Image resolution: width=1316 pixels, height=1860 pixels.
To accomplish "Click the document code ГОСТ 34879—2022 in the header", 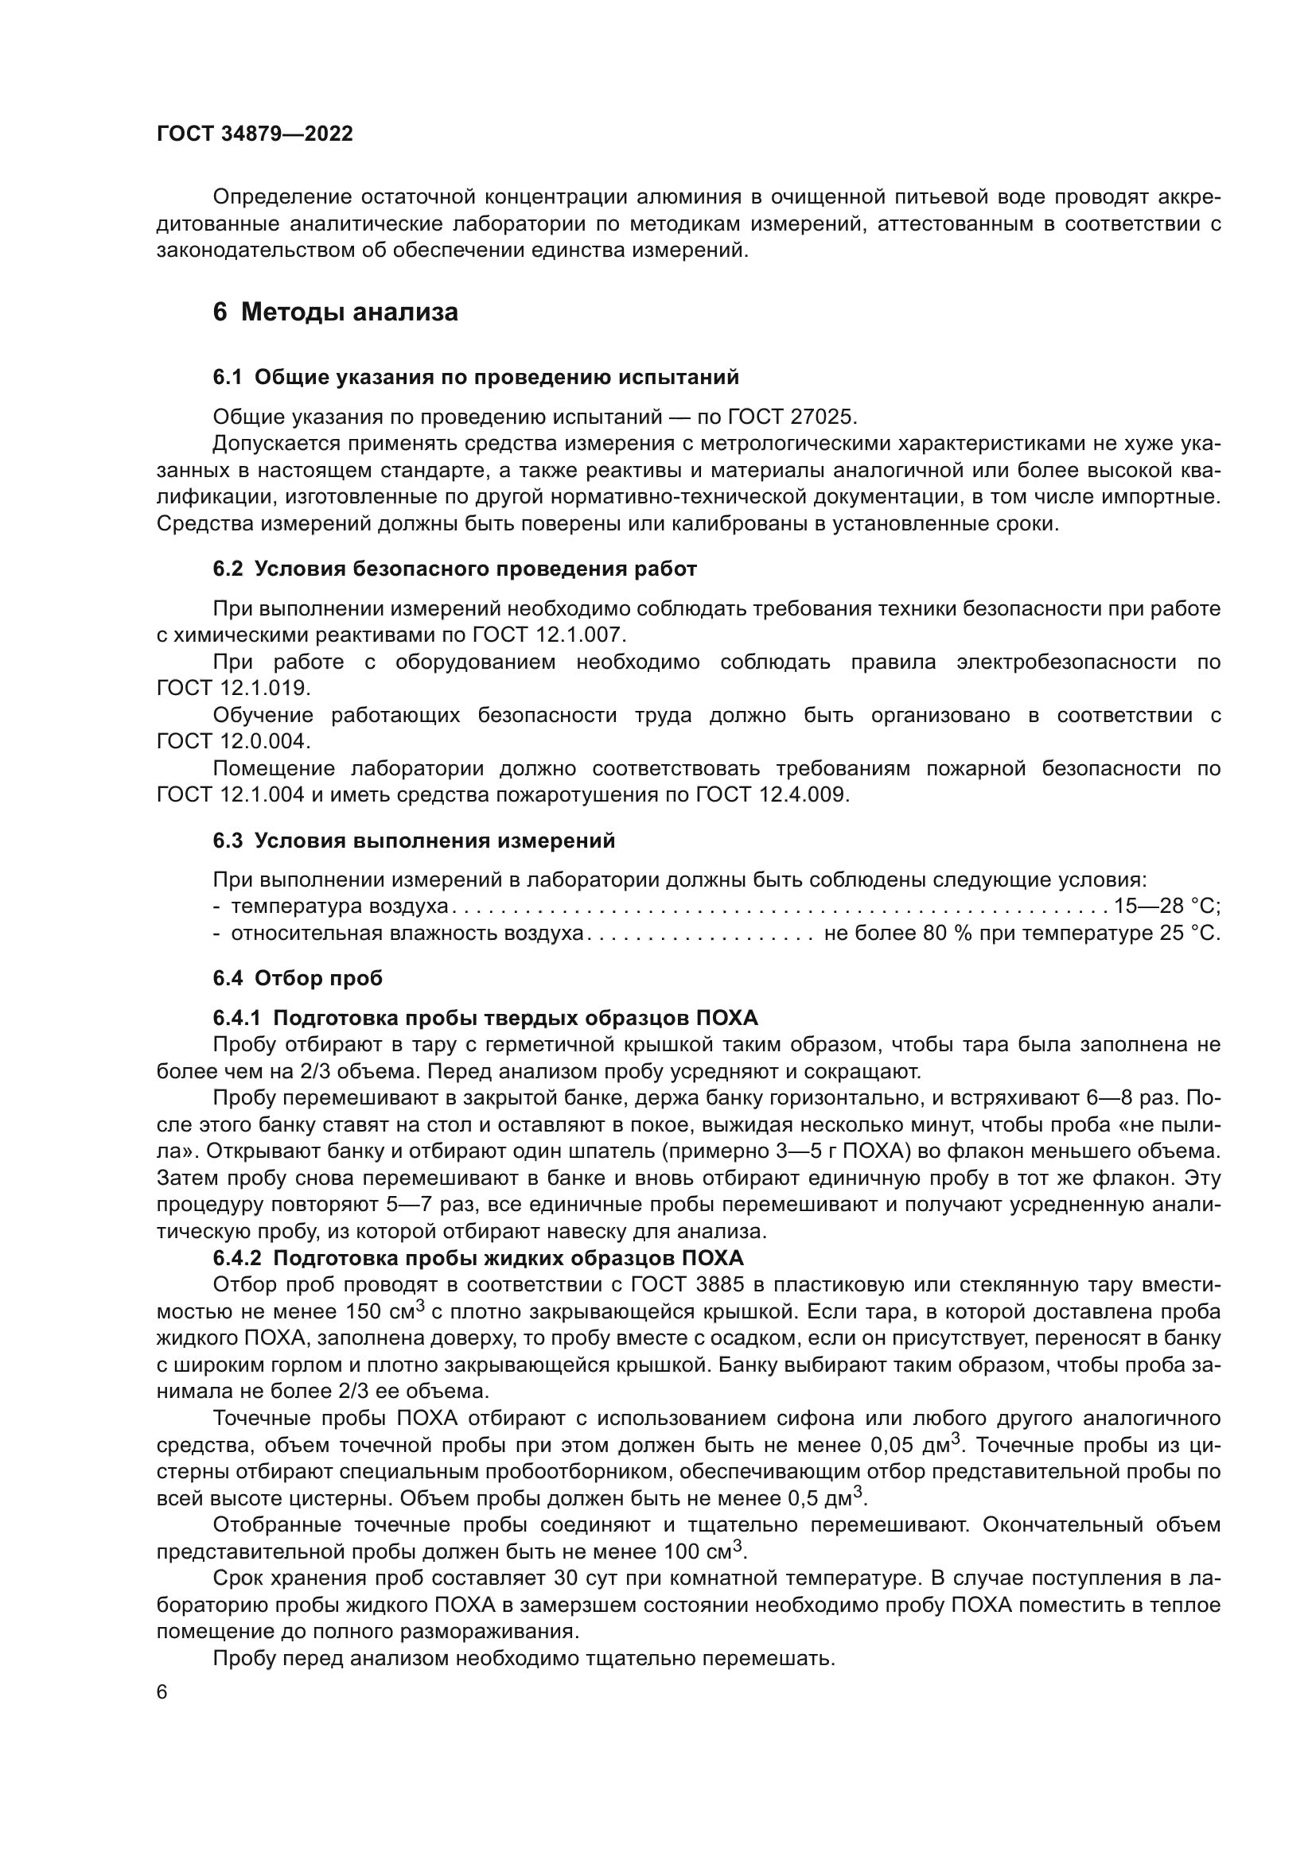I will point(255,134).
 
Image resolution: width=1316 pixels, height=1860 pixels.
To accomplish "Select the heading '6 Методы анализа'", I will point(335,312).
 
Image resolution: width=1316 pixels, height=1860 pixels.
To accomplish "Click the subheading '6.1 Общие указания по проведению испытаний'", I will point(476,378).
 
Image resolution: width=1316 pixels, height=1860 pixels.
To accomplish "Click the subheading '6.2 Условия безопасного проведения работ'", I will point(454,569).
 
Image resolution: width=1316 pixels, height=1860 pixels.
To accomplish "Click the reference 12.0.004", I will point(265,741).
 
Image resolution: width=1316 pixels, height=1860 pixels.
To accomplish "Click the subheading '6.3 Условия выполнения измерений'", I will point(414,841).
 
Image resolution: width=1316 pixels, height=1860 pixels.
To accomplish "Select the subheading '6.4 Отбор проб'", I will point(298,978).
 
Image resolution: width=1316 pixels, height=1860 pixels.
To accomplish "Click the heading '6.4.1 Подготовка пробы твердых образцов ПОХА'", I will point(485,1019).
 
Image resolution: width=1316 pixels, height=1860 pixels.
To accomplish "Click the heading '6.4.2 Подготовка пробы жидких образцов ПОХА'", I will point(478,1258).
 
